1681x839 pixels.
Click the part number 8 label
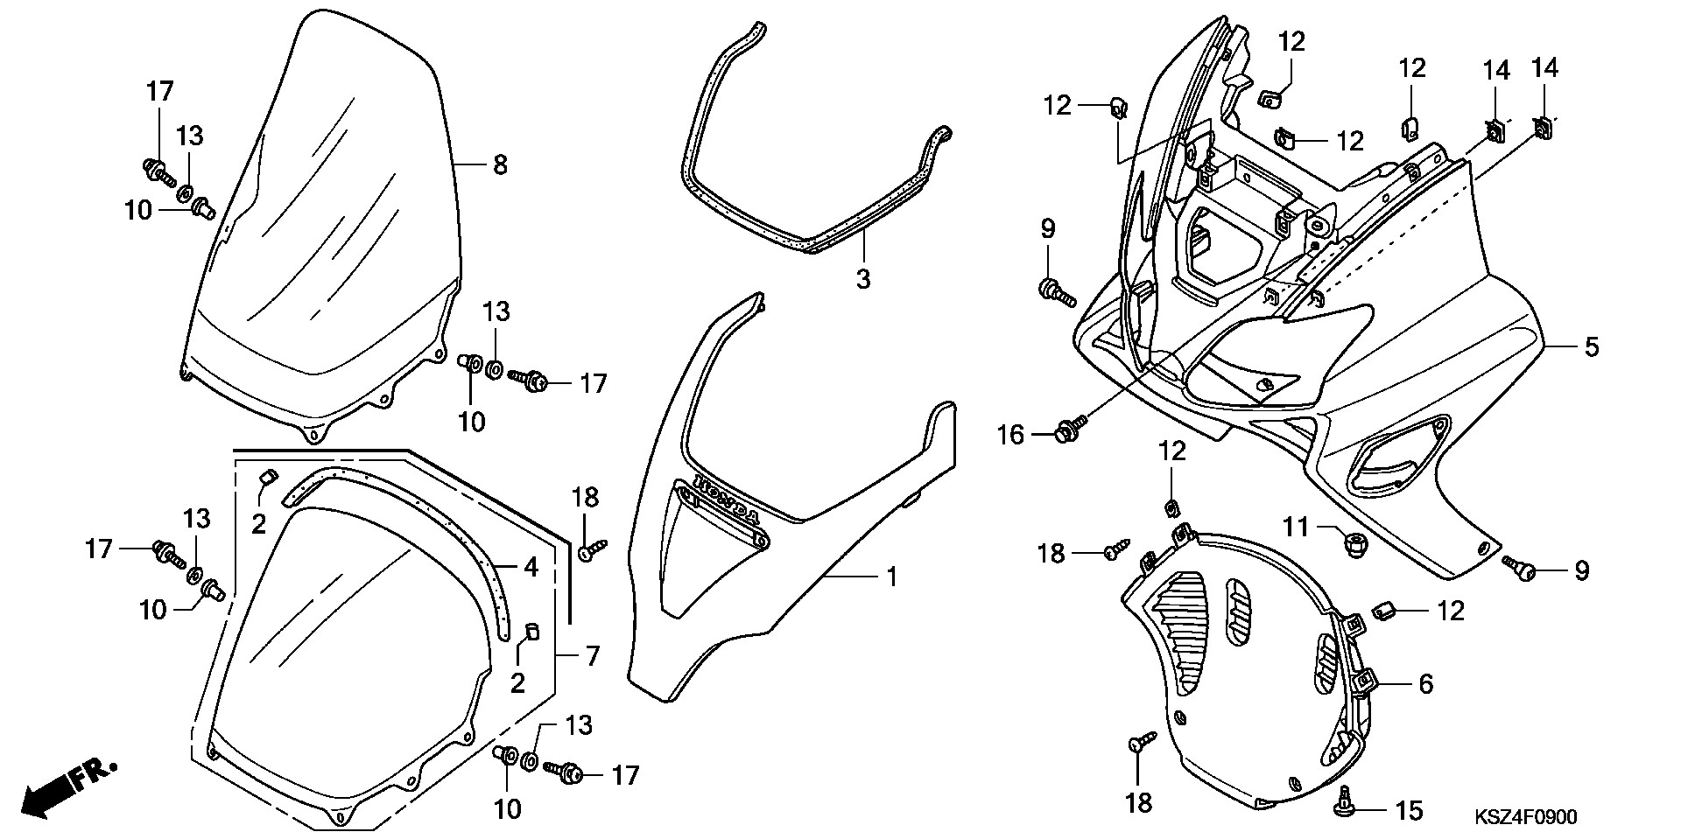click(x=500, y=164)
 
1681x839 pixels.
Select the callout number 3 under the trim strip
click(x=863, y=279)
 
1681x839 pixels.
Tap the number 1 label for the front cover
click(x=891, y=577)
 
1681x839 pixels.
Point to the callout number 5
click(x=1591, y=347)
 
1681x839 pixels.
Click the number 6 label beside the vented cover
click(x=1425, y=684)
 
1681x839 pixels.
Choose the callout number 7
click(x=593, y=655)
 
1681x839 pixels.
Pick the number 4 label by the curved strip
click(x=531, y=567)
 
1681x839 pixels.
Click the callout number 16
click(x=1011, y=434)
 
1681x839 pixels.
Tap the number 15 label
click(x=1409, y=811)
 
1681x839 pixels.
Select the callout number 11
click(x=1296, y=527)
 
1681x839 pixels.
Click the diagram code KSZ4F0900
click(x=1525, y=818)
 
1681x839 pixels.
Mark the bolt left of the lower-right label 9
click(x=1520, y=569)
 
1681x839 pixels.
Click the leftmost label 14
click(x=1496, y=70)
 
